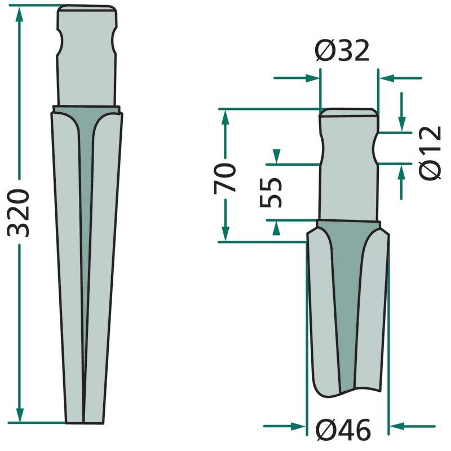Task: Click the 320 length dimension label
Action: tap(19, 213)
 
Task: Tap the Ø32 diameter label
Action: tap(342, 51)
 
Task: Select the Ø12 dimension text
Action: tap(430, 153)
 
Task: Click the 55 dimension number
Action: tap(271, 192)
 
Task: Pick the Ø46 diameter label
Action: tap(343, 430)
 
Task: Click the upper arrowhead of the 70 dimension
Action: tap(225, 117)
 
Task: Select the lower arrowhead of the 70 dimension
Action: tap(226, 233)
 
